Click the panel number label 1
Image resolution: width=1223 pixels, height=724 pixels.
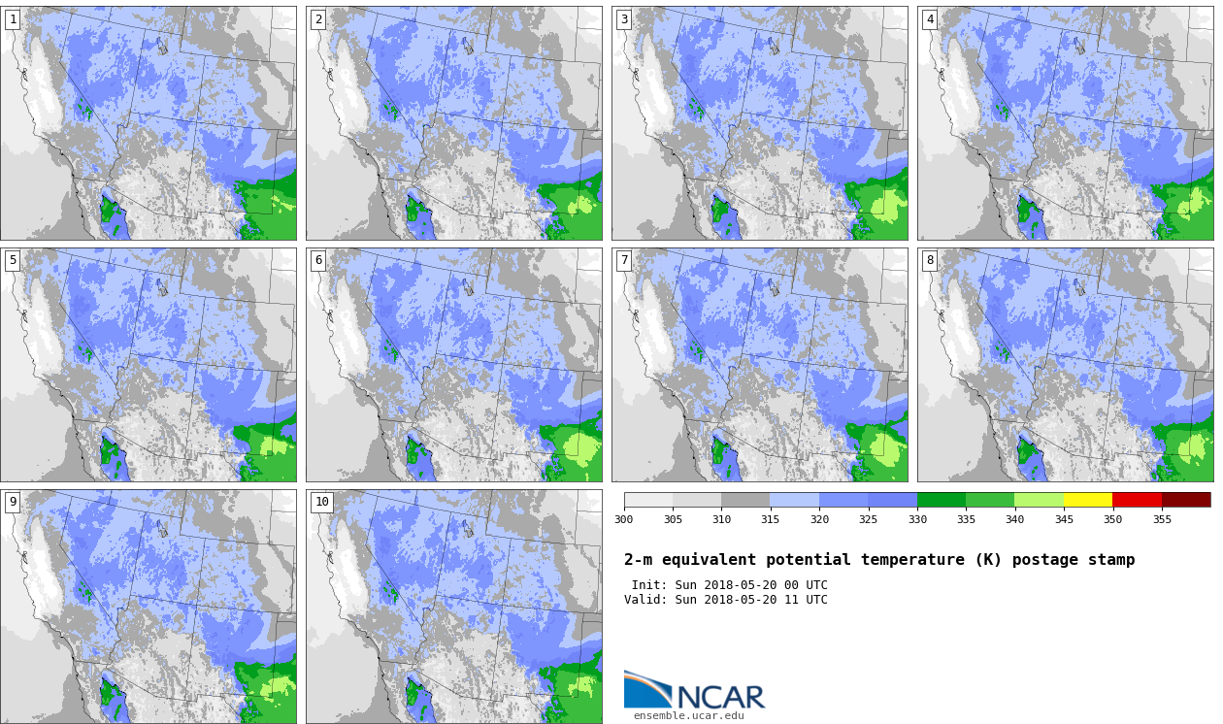tap(13, 19)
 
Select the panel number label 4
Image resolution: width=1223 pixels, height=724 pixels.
tap(930, 19)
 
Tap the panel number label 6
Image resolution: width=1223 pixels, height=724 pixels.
tap(318, 261)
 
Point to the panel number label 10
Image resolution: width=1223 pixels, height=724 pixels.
tap(322, 502)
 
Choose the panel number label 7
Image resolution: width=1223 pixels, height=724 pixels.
tap(624, 261)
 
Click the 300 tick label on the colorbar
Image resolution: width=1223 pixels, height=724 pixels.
tap(623, 519)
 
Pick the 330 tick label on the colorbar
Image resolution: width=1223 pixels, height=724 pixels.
tap(917, 519)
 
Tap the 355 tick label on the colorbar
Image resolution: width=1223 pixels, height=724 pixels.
tap(1162, 519)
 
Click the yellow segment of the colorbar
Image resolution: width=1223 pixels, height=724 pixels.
tap(1087, 500)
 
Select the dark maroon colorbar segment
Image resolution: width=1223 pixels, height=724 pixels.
tap(1186, 500)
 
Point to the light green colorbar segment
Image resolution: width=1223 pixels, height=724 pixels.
tap(1039, 500)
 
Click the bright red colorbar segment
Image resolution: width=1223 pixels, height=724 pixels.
tap(1137, 500)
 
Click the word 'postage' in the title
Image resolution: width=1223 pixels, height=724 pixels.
tap(1044, 560)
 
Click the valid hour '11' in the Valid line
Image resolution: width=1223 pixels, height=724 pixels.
tap(791, 600)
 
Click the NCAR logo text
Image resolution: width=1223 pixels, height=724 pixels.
tap(720, 697)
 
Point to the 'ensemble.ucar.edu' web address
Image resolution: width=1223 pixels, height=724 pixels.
tap(688, 716)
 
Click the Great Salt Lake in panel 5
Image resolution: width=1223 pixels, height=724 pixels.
tap(161, 287)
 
